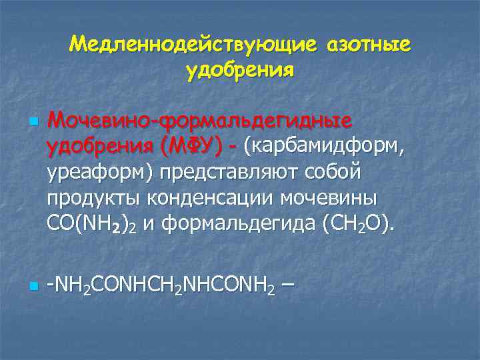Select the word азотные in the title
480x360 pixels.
coord(368,45)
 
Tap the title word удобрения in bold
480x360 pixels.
coord(240,70)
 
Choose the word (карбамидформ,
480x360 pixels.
coord(324,146)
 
